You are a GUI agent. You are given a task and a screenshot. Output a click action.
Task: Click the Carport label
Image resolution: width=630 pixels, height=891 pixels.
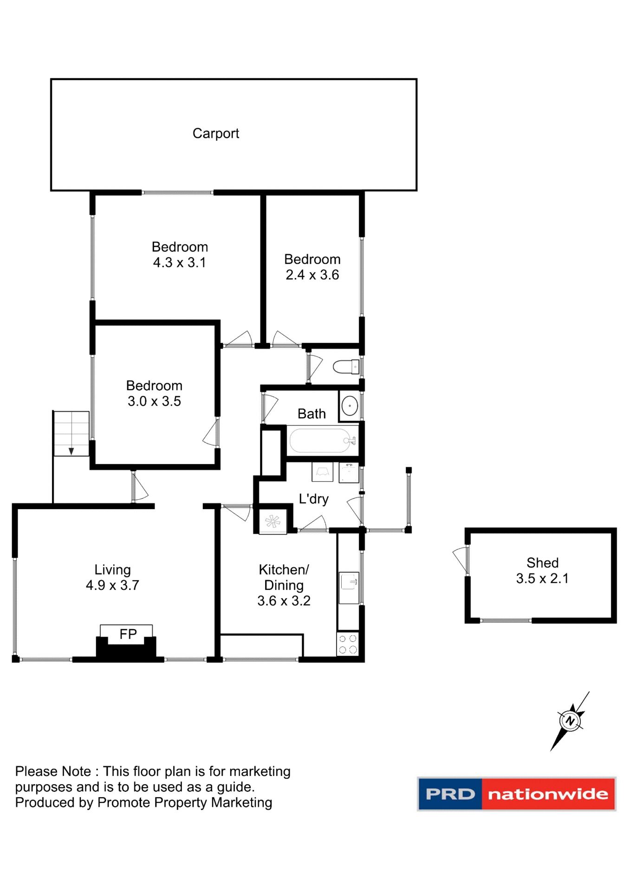(215, 134)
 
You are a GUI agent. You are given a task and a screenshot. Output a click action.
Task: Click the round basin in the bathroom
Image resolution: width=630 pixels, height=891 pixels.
(350, 406)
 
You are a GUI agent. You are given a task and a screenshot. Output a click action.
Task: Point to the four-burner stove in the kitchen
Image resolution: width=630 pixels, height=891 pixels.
(348, 644)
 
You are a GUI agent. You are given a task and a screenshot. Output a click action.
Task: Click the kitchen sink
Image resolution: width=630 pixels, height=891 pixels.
(349, 588)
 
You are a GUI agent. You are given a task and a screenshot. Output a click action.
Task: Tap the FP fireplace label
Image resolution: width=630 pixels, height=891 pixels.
(128, 634)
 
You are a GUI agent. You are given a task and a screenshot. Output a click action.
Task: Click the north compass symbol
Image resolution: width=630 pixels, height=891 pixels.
(570, 721)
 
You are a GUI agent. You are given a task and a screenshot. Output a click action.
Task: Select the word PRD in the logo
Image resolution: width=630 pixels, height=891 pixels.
(450, 794)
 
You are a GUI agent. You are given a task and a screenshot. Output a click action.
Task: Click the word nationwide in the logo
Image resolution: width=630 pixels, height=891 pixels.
(548, 794)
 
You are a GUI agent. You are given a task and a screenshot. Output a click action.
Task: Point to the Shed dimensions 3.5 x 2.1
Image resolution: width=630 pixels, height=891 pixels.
(542, 578)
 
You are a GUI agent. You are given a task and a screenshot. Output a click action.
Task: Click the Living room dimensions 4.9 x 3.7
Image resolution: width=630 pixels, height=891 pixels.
(112, 585)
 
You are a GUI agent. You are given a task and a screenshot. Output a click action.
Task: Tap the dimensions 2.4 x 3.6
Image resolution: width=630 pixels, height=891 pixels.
(312, 275)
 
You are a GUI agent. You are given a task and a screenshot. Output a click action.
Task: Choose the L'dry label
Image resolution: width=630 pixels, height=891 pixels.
(313, 499)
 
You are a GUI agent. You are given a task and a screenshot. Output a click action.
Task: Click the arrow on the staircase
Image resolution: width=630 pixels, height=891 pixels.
(71, 451)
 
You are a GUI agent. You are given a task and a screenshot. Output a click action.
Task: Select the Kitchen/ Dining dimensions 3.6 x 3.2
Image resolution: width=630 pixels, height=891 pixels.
(284, 601)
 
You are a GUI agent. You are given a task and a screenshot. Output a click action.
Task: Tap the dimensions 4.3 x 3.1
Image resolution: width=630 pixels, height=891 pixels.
(179, 263)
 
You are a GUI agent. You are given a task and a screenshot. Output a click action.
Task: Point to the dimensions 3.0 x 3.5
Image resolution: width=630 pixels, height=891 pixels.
(154, 401)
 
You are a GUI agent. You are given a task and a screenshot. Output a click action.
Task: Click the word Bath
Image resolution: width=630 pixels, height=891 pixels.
(312, 413)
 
